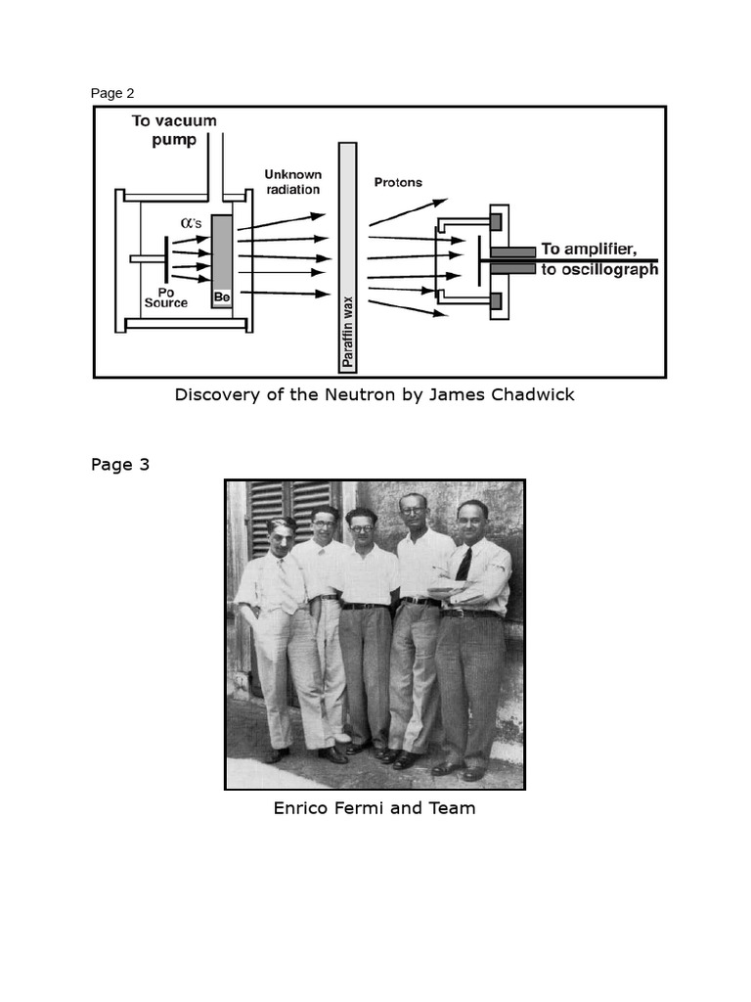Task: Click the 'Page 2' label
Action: click(x=112, y=94)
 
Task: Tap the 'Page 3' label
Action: click(x=120, y=465)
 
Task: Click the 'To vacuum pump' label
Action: click(x=175, y=130)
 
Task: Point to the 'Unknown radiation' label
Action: click(x=292, y=182)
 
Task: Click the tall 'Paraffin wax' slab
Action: click(x=346, y=256)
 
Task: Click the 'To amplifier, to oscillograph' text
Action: click(x=599, y=259)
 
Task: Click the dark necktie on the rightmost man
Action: click(x=464, y=565)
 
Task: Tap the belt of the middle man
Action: click(x=365, y=606)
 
